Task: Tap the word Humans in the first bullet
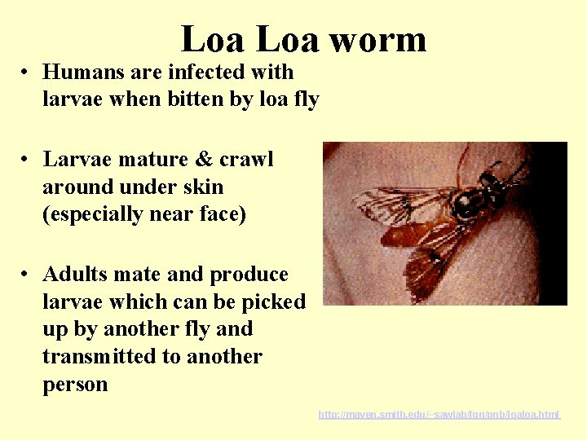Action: [x=81, y=72]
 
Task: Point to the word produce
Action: [x=249, y=274]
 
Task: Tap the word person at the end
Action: [x=75, y=385]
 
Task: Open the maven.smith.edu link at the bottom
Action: [x=439, y=415]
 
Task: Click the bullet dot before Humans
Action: [x=26, y=73]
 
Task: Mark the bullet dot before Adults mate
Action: [x=26, y=275]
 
